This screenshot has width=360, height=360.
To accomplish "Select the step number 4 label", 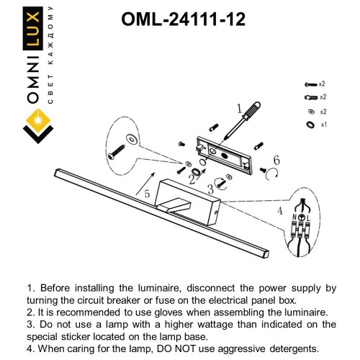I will tap(279, 211).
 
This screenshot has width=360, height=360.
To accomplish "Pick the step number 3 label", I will tap(210, 189).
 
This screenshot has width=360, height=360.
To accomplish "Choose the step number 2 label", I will tap(192, 175).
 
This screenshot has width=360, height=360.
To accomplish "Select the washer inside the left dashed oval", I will tap(131, 137).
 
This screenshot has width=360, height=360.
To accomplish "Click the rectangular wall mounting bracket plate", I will tap(226, 153).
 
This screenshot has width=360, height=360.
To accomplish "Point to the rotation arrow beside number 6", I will tap(271, 173).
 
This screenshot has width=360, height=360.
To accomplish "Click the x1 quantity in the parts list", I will tap(323, 125).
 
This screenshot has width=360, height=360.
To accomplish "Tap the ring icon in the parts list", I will tap(310, 125).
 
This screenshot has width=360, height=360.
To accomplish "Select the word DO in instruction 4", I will tap(160, 348).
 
